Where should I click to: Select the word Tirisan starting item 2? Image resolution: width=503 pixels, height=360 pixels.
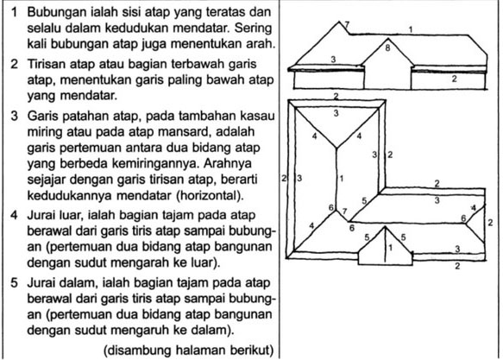tap(48, 65)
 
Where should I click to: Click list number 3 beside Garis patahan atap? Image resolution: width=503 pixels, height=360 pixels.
tap(15, 113)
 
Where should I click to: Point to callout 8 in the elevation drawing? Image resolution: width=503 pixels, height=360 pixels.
tap(388, 48)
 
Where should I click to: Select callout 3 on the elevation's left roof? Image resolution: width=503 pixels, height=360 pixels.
tap(332, 59)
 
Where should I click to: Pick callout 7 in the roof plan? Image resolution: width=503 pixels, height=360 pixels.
tap(343, 212)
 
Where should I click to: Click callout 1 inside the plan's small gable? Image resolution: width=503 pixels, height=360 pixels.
tap(390, 248)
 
